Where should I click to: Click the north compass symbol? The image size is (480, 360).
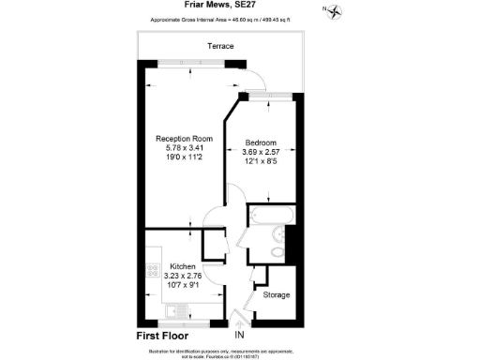point(334,11)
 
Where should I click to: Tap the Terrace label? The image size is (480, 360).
point(221,46)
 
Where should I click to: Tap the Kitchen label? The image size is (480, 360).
point(183,265)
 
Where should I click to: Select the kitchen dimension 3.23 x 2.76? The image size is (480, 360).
point(183,276)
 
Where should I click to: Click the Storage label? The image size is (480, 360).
point(276,295)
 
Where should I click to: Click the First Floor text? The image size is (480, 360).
point(162,335)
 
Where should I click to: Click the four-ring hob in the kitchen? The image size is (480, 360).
point(152,271)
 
